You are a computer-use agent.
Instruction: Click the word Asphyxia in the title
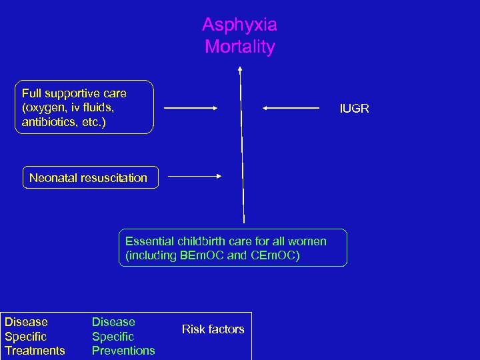pos(239,25)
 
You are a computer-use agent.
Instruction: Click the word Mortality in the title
pos(239,47)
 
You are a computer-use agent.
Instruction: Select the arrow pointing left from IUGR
pos(291,107)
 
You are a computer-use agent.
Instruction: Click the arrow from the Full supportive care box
pos(191,107)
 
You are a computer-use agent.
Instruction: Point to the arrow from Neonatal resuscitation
pos(194,176)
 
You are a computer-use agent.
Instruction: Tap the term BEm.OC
pos(202,255)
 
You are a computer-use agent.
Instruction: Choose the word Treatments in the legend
pos(35,351)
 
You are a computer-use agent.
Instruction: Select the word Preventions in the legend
pos(123,351)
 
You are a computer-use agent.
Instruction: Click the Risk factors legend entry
pos(213,329)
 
